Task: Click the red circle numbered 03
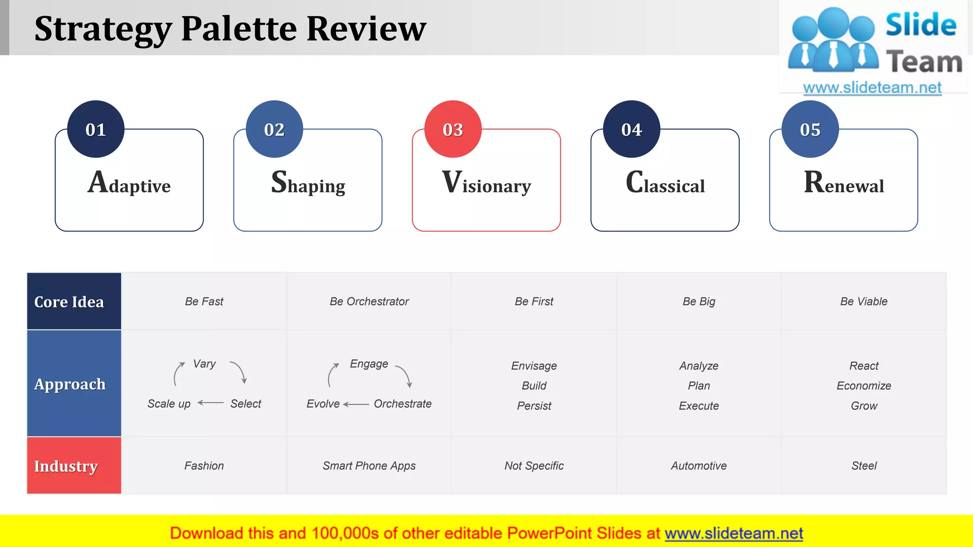453,129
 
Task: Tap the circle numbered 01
95,129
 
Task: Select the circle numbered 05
810,129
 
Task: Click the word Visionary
486,183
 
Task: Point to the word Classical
665,183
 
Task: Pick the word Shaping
308,183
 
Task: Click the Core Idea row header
74,302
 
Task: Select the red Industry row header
74,466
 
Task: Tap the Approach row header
74,384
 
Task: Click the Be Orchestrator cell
369,302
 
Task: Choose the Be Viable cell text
864,302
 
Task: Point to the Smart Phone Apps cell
369,466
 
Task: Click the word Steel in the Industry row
864,466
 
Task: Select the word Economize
864,386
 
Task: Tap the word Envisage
534,366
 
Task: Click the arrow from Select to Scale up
210,403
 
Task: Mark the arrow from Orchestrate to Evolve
356,405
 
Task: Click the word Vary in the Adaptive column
204,364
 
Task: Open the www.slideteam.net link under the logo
872,88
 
